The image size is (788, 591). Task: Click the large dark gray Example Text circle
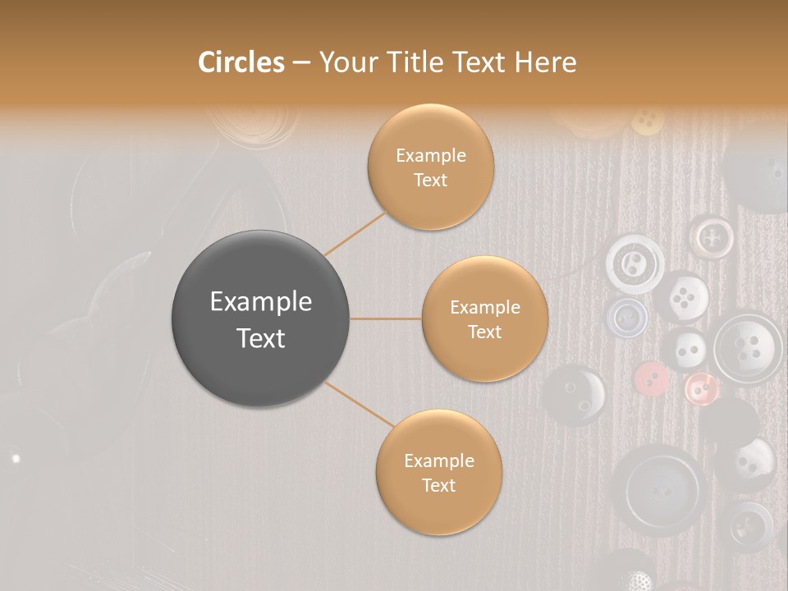[261, 318]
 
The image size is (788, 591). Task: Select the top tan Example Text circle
[430, 167]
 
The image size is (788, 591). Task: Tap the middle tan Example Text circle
[484, 318]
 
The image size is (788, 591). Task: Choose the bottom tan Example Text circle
[438, 472]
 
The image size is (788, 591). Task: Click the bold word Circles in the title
[241, 62]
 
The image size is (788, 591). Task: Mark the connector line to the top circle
[355, 234]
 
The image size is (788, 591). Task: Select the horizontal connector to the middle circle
[386, 318]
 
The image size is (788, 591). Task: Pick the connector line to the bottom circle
[360, 405]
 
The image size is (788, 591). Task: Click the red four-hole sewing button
[652, 378]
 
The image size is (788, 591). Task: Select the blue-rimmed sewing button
[627, 316]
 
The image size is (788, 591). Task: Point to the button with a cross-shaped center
[711, 236]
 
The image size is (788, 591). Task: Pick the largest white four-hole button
[747, 346]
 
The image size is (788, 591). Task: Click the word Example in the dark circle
[261, 302]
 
